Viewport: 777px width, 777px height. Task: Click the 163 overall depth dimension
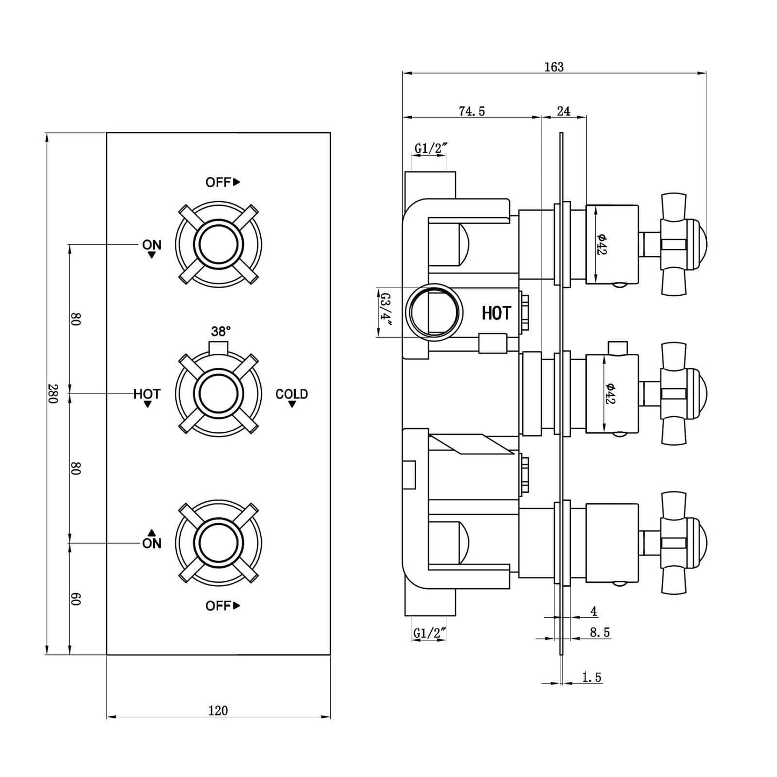pos(554,67)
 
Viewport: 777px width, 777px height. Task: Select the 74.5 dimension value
pos(472,111)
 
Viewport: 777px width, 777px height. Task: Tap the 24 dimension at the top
pos(563,111)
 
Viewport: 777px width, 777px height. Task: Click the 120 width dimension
pos(218,710)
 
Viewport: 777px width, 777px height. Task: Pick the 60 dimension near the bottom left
pos(75,598)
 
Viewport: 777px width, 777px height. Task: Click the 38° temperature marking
pos(220,331)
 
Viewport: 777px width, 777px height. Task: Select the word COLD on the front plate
pos(291,394)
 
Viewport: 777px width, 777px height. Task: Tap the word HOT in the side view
pos(496,313)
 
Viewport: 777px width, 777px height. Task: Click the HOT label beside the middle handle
pos(147,394)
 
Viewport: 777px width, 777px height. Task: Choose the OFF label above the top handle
pos(218,182)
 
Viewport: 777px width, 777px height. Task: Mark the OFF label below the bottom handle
pos(218,606)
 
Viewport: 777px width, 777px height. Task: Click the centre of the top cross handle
pos(218,245)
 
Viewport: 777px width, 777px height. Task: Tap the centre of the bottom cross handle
pos(218,543)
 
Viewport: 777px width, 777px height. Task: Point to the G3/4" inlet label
pos(385,311)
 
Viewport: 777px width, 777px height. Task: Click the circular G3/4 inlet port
pos(434,312)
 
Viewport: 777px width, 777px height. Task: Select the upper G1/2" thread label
pos(430,148)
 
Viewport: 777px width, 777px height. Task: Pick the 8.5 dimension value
pos(600,632)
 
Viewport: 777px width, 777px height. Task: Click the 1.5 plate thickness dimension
pos(591,677)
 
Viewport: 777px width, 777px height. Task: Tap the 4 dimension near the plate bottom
pos(594,611)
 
